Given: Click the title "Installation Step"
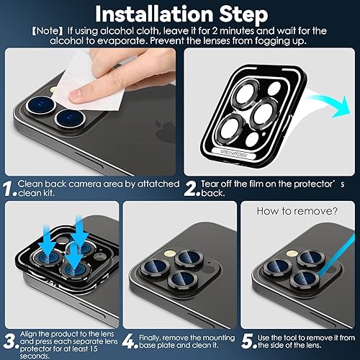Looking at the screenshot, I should [179, 14].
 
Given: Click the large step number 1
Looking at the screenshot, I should [8, 189].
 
